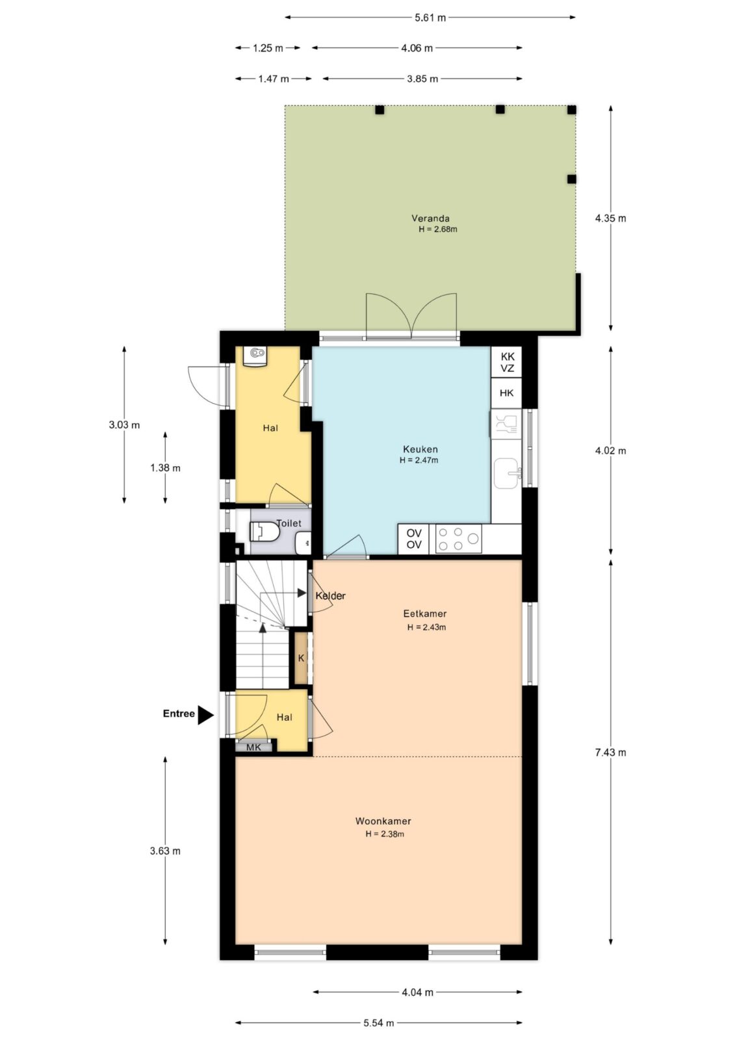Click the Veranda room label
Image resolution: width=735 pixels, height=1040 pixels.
point(430,218)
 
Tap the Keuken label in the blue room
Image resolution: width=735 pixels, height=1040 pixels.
point(420,449)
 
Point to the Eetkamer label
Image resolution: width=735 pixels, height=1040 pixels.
point(424,614)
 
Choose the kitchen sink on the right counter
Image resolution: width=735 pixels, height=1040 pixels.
point(506,473)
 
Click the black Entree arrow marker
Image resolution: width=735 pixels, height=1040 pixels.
point(206,714)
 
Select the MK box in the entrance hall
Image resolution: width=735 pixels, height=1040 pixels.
point(253,747)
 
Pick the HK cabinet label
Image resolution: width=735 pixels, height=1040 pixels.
point(506,393)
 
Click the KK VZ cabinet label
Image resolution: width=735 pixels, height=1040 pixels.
point(507,362)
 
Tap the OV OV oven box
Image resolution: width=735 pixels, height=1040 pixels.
point(414,539)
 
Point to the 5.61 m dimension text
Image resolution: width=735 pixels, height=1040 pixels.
point(430,18)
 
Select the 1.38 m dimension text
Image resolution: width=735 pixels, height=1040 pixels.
point(165,467)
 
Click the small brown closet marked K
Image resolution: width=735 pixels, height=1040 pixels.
point(301,658)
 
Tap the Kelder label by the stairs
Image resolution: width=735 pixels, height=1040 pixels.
point(331,595)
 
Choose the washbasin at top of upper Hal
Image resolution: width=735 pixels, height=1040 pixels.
point(256,357)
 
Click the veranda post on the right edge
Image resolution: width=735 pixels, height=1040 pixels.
point(572,179)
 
